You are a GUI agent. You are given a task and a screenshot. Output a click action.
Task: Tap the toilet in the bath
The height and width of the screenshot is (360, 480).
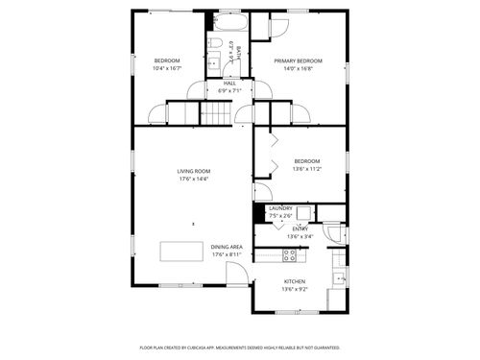coord(217,44)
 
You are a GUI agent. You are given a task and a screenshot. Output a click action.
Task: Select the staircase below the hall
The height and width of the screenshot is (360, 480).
coord(216,114)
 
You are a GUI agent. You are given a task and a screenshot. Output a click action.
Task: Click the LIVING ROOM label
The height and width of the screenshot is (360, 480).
coord(193,171)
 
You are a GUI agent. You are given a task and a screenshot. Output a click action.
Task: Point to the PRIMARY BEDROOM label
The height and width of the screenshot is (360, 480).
coord(298,60)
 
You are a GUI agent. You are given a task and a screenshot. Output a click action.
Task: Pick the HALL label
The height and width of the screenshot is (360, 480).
coord(229,84)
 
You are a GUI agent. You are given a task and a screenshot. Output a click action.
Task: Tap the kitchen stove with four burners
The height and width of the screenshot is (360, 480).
coord(290,255)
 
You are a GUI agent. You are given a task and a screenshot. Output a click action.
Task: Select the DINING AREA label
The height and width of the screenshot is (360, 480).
coord(227,246)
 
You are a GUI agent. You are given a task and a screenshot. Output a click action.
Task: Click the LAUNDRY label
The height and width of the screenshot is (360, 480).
coord(280,208)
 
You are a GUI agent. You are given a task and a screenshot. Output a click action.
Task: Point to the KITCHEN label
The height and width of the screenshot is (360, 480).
coord(294,281)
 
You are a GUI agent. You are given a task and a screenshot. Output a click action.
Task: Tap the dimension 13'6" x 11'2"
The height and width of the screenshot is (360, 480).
coord(306,168)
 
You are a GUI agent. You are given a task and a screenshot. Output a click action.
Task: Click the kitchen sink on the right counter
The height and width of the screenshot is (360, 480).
coord(338,279)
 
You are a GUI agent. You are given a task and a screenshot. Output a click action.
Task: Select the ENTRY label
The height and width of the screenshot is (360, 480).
coord(300,228)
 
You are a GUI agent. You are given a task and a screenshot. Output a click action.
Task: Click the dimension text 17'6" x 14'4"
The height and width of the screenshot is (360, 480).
coord(193,179)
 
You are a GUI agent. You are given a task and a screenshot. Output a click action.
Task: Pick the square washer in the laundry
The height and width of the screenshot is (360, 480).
coord(303,213)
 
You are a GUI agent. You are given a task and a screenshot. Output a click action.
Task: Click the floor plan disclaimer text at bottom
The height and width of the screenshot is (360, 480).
coord(239,347)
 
